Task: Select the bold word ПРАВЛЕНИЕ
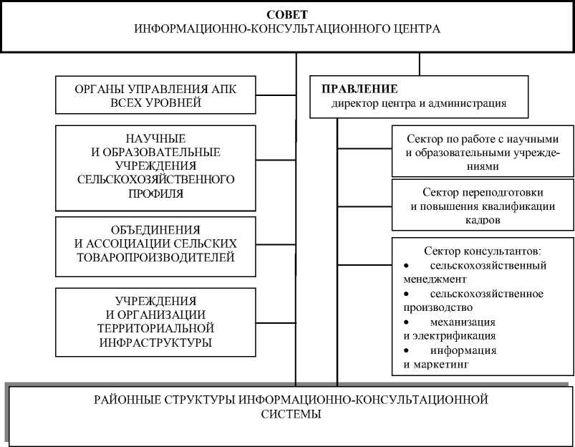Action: coord(359,89)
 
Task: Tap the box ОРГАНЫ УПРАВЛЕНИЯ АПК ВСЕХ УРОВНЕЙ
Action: coord(155,95)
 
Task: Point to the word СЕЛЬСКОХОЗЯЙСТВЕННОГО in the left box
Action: coord(155,179)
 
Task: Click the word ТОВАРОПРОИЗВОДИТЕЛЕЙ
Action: coord(155,256)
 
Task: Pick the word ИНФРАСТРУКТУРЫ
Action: coord(155,342)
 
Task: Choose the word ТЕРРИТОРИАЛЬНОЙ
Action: coord(155,328)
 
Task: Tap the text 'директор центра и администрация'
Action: coord(418,103)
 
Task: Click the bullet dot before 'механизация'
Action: coord(407,322)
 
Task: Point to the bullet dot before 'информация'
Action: coord(407,351)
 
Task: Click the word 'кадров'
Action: coord(482,221)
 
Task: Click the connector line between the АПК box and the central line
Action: coord(276,95)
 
